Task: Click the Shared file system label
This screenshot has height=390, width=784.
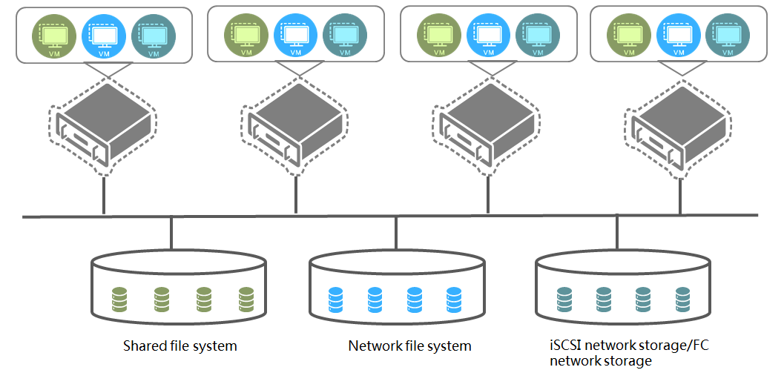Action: (180, 346)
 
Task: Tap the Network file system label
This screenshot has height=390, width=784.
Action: (409, 346)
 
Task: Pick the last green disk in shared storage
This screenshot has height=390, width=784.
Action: (247, 300)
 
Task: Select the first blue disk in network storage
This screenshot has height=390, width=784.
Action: (335, 300)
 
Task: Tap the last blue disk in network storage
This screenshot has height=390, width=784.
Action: (455, 300)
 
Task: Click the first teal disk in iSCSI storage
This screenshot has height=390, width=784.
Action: (564, 299)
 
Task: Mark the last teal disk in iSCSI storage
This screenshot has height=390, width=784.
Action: (683, 299)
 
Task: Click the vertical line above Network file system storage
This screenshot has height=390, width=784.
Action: (396, 234)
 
